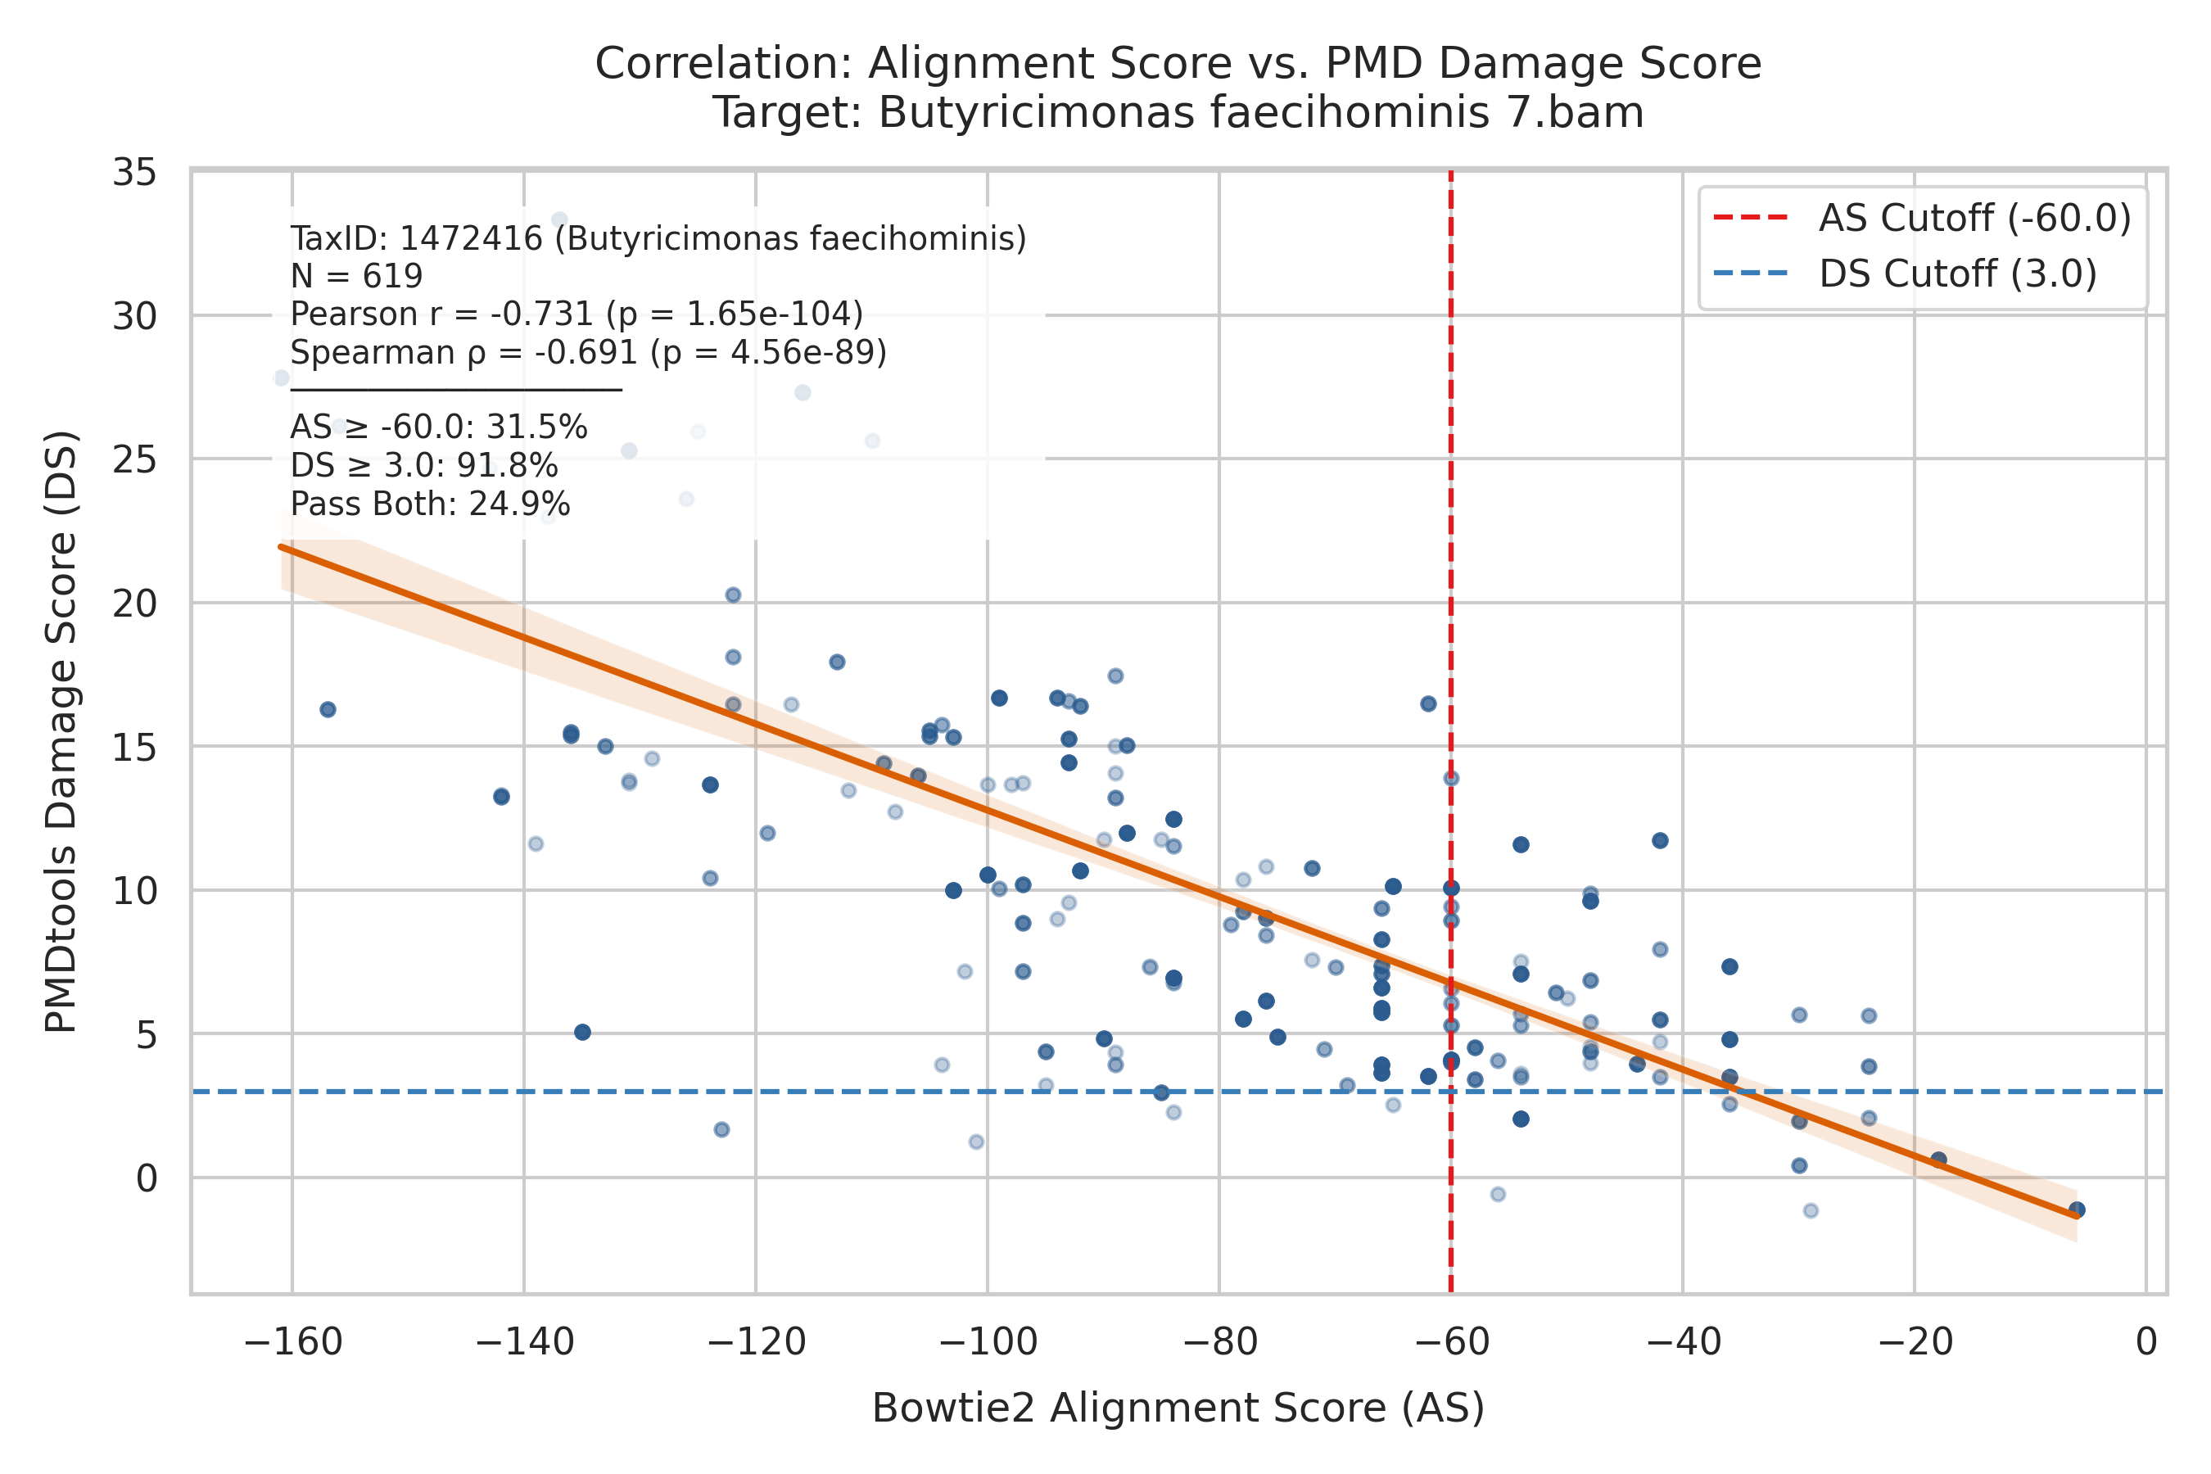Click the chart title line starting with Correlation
1178,64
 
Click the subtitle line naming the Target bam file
1178,113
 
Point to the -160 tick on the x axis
292,1341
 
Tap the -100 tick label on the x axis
988,1341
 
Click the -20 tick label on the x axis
1915,1341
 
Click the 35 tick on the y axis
134,173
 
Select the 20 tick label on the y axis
134,604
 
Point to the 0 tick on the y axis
147,1178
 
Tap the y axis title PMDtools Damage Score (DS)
62,732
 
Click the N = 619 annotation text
356,277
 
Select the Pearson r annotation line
576,314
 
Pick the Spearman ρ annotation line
589,352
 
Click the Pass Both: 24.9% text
431,504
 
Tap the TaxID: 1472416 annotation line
658,239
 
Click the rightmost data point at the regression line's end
2078,1209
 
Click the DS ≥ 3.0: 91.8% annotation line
424,466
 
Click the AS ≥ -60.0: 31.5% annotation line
439,427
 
